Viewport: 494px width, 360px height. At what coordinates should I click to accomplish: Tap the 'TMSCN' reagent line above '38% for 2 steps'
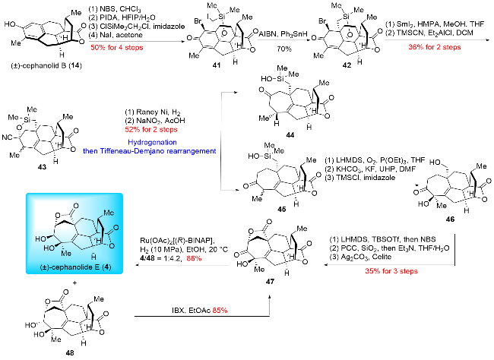click(x=432, y=33)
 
